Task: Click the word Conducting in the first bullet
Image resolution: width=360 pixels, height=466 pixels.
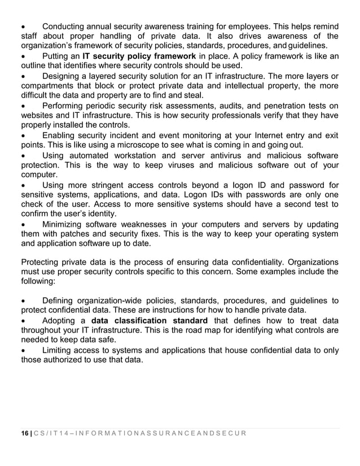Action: click(65, 27)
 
